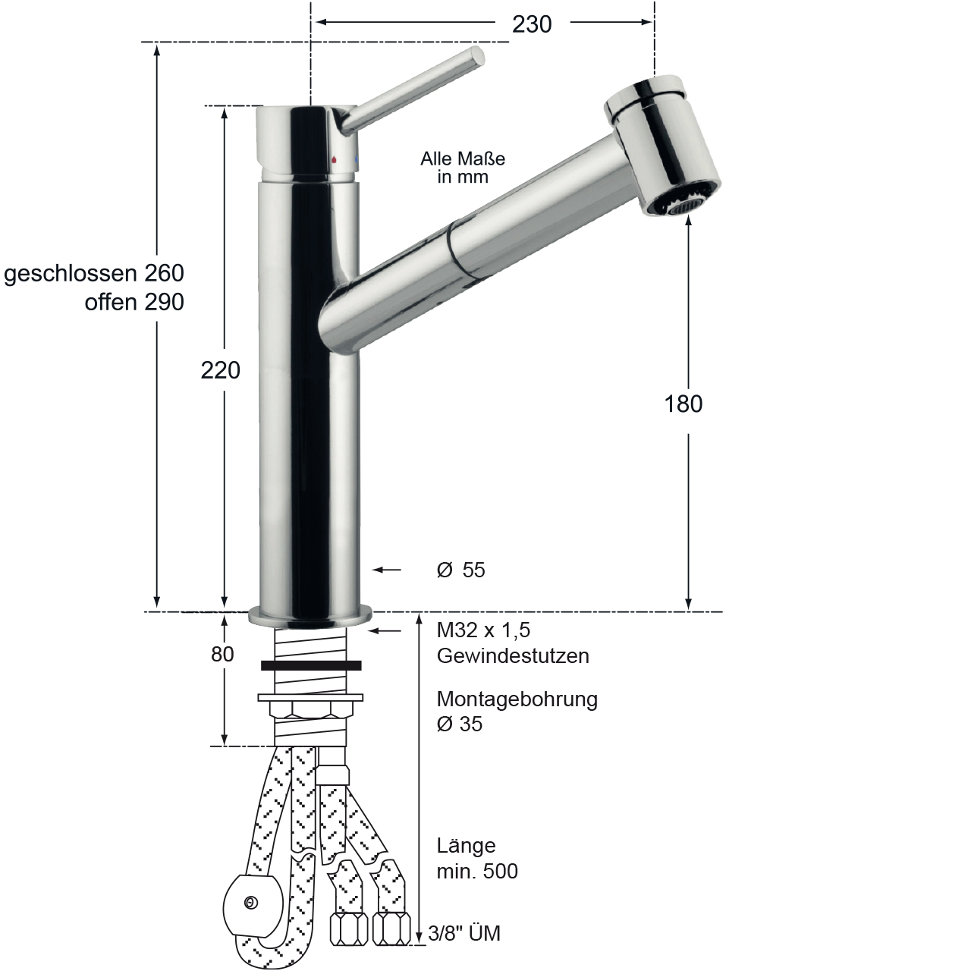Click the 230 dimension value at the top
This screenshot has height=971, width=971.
(x=532, y=24)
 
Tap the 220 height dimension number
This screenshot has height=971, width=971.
(x=220, y=370)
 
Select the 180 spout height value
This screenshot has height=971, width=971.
(x=683, y=404)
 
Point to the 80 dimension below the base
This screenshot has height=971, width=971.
(x=222, y=654)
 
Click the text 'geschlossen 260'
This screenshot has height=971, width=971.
(x=94, y=273)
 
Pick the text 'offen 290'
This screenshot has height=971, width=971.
(x=134, y=302)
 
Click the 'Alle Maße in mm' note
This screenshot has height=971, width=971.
(x=463, y=168)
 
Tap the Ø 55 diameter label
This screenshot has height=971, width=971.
(x=460, y=570)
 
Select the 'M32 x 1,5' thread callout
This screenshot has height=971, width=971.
(x=483, y=630)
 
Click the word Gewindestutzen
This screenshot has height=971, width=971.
(x=513, y=656)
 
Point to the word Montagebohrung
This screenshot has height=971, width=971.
(x=517, y=699)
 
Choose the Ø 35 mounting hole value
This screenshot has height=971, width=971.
(x=460, y=724)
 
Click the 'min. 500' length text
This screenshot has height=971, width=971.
(x=477, y=871)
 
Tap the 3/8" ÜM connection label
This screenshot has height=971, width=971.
(x=464, y=933)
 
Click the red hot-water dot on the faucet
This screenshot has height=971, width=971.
(x=334, y=160)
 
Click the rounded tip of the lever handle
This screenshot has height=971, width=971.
(x=477, y=55)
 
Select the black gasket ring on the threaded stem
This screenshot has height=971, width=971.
(x=311, y=665)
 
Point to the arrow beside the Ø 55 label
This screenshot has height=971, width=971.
(x=386, y=570)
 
